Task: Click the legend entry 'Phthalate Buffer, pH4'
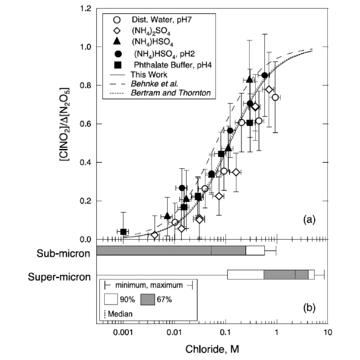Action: pos(161,64)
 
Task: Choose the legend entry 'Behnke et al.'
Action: pos(152,84)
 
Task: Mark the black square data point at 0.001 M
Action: pos(124,232)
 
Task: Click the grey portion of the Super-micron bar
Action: pos(286,275)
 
